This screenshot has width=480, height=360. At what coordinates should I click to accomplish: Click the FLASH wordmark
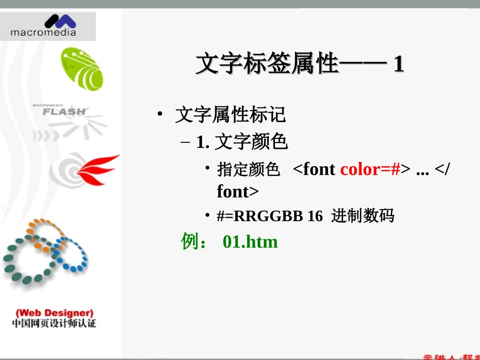coord(64,111)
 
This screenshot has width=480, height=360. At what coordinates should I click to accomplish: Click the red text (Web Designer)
coord(55,313)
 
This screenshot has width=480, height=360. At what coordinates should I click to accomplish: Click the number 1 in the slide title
coord(398,65)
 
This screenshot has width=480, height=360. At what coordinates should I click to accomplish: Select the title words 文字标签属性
coord(266,65)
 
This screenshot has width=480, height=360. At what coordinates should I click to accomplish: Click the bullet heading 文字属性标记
coord(230,115)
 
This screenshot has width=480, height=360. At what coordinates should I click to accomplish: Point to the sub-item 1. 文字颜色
coord(243,143)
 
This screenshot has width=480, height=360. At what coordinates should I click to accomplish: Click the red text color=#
coord(370,169)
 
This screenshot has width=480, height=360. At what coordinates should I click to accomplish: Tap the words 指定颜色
coord(249,170)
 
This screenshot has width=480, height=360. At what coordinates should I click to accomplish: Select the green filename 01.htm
coord(250,242)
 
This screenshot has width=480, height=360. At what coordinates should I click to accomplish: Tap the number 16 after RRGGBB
coord(315,216)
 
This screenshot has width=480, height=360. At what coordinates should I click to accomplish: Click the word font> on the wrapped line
coord(237,192)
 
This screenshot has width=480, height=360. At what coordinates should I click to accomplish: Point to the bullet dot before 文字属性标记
coord(160,115)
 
